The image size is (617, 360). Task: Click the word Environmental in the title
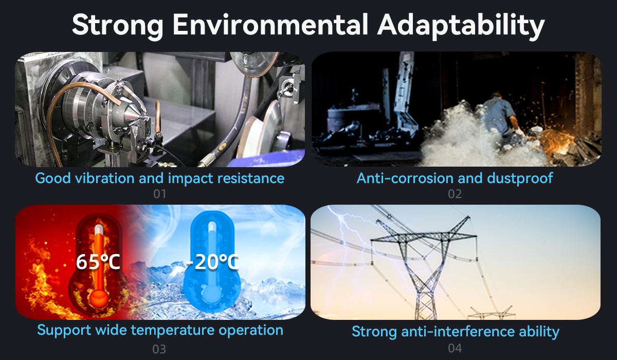point(270,25)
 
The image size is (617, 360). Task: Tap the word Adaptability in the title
point(461,26)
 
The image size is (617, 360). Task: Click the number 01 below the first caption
point(160,194)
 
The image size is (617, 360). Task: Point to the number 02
point(455,194)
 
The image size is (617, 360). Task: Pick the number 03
point(159,349)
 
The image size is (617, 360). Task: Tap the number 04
point(455,348)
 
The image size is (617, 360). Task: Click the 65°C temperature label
point(98,262)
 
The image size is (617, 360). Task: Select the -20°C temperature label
point(212,262)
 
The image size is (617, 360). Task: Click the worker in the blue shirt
point(500,116)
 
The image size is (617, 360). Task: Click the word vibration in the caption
point(105,178)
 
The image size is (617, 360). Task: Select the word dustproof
point(520,178)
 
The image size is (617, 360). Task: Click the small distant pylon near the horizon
point(492,313)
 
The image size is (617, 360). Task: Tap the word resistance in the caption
point(251,178)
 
